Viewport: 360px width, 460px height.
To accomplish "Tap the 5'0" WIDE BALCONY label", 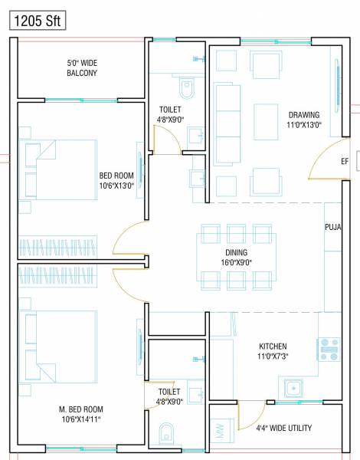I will [80, 67].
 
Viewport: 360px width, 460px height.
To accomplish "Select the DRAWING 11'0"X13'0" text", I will [304, 120].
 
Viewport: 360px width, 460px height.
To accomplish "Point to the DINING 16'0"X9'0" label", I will [237, 257].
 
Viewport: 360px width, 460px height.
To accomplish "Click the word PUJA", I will [332, 228].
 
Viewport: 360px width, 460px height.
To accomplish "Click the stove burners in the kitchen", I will [329, 350].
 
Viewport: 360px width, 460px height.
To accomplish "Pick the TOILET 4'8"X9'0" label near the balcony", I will [170, 114].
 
